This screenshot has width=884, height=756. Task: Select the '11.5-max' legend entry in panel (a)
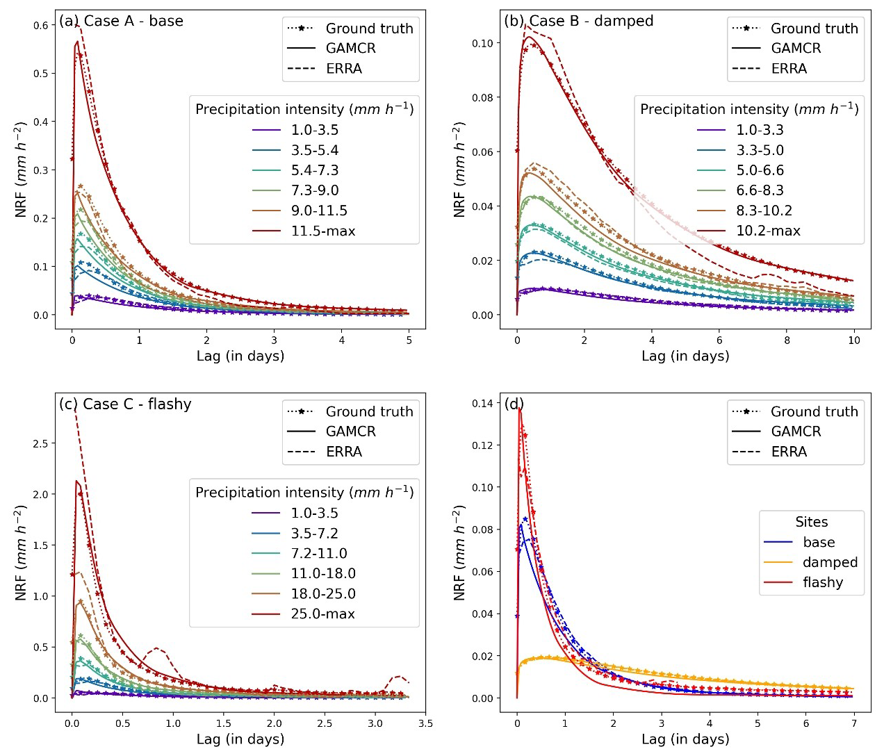(x=322, y=231)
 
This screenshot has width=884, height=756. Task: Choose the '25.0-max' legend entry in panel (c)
(x=322, y=614)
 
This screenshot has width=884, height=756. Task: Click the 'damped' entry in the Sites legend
(x=830, y=562)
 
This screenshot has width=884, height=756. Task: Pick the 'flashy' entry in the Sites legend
(x=823, y=582)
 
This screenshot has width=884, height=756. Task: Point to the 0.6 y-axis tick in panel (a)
(x=42, y=26)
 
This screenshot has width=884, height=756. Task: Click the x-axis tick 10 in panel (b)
(x=853, y=340)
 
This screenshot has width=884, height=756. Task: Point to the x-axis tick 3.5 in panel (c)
(x=425, y=723)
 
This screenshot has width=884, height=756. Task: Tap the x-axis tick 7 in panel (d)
(x=853, y=723)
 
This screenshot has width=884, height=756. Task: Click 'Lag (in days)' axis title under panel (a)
(x=240, y=356)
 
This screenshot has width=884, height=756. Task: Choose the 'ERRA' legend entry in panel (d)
(x=789, y=452)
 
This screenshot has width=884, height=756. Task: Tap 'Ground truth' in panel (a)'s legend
(x=369, y=28)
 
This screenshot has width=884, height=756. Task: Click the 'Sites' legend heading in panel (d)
(x=811, y=522)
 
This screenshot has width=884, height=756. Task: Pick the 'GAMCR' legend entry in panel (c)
(x=350, y=432)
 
